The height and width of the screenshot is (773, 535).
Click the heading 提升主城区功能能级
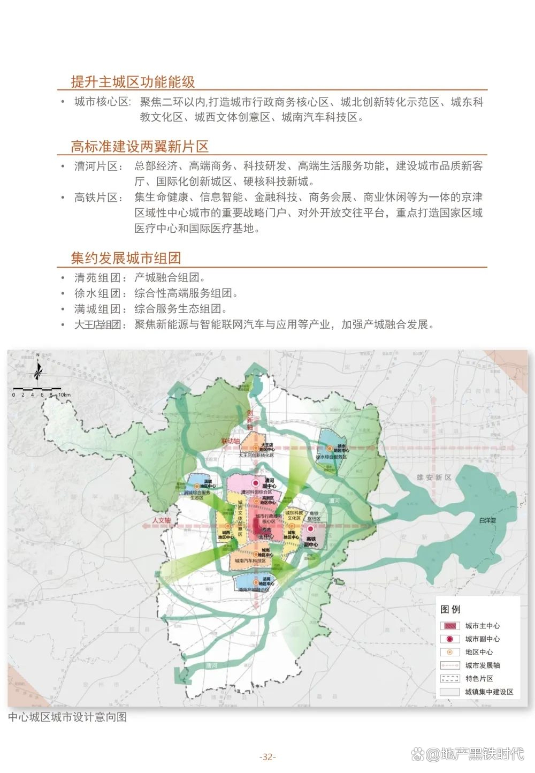tap(133, 82)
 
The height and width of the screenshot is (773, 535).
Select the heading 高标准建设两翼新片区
tap(140, 146)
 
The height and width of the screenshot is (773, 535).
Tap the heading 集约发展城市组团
tap(126, 258)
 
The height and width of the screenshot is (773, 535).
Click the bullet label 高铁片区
tap(96, 198)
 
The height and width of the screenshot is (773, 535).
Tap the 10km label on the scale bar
tap(64, 395)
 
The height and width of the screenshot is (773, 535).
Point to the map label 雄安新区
tap(434, 478)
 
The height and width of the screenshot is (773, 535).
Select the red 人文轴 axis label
tap(161, 520)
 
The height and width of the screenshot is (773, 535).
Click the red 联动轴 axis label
tap(231, 441)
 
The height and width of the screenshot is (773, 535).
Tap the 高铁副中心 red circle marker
tap(310, 529)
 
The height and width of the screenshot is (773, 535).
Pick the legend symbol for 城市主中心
tap(450, 626)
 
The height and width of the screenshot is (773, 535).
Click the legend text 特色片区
tap(479, 678)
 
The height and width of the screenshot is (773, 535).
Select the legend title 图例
tap(450, 609)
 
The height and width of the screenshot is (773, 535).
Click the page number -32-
tap(267, 757)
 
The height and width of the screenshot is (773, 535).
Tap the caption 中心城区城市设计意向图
tap(67, 717)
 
